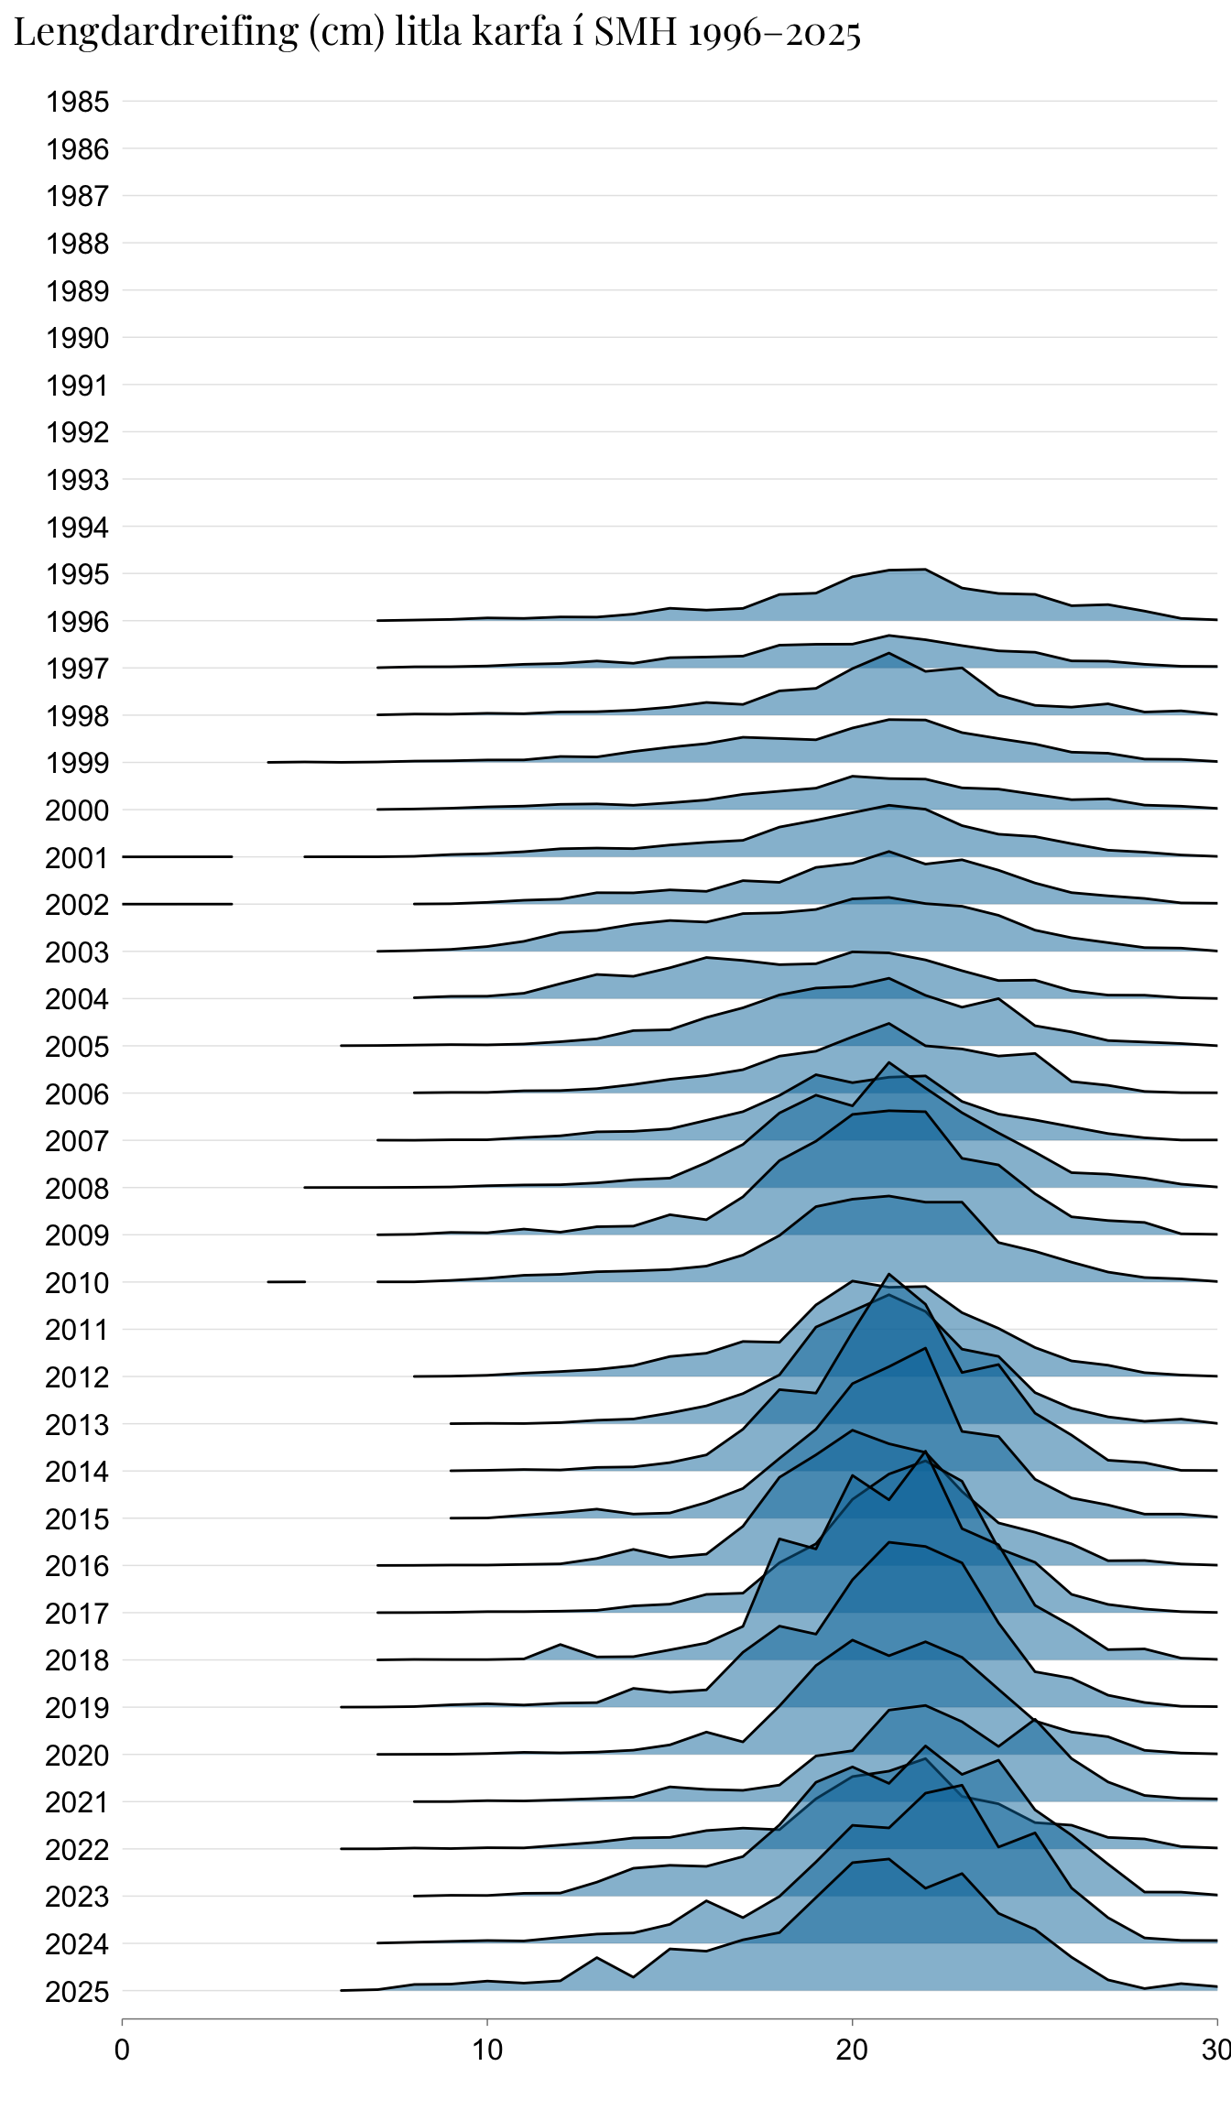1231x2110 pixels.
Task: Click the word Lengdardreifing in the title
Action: point(156,33)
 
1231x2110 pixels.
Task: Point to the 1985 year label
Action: point(78,102)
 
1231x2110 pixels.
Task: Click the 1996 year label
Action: point(78,622)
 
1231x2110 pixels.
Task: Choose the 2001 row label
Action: point(78,858)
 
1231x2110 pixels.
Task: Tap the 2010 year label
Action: point(78,1283)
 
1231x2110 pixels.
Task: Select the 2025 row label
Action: point(78,1992)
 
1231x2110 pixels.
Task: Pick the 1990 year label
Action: point(78,338)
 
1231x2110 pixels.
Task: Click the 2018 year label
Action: point(78,1660)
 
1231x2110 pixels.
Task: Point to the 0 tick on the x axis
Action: point(122,2050)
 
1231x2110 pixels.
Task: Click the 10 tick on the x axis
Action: point(487,2050)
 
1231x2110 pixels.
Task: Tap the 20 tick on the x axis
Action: point(852,2050)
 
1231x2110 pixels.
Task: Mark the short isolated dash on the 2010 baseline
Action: point(286,1281)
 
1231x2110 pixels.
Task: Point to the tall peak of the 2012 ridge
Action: point(888,1275)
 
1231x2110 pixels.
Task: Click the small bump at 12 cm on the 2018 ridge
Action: point(561,1646)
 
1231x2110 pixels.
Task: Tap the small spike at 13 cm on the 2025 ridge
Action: point(597,1958)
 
